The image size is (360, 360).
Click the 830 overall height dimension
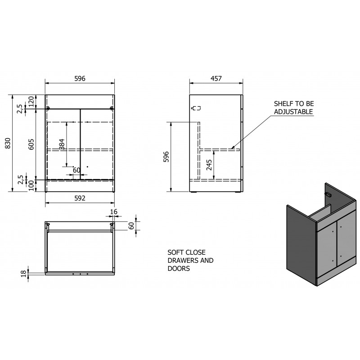click(x=8, y=143)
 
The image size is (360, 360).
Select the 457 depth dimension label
click(x=216, y=78)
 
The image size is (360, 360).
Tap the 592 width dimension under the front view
click(x=80, y=198)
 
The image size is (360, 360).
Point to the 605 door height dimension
click(x=31, y=144)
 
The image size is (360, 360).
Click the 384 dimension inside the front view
click(x=62, y=144)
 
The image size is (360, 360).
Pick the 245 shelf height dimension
click(x=209, y=165)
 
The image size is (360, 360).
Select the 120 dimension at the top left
click(x=31, y=102)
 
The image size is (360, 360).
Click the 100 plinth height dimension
click(x=31, y=185)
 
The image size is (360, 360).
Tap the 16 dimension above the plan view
click(x=114, y=211)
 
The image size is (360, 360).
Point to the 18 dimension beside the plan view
click(x=24, y=274)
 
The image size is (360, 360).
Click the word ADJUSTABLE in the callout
click(x=293, y=112)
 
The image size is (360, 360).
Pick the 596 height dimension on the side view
click(x=166, y=157)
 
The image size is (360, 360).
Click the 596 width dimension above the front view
click(x=80, y=78)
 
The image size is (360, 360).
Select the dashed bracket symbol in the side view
click(x=196, y=108)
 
